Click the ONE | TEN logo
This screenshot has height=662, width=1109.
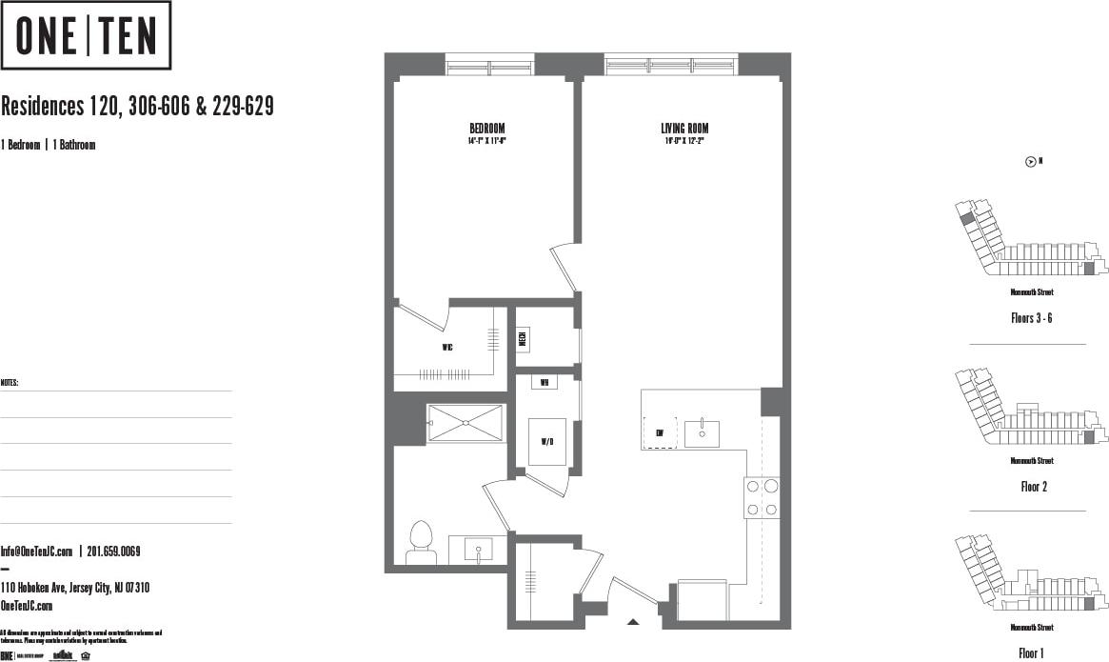tap(86, 35)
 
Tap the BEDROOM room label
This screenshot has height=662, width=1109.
tap(486, 129)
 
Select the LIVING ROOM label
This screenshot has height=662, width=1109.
tap(684, 129)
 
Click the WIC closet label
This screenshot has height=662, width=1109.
tap(447, 348)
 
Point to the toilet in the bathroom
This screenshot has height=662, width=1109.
tap(420, 544)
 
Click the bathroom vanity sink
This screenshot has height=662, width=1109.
tap(478, 550)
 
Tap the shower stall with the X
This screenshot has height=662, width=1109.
tap(465, 423)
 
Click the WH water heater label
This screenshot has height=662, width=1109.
tap(545, 383)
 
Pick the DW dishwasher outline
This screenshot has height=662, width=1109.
tap(660, 433)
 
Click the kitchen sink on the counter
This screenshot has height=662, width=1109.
tap(702, 432)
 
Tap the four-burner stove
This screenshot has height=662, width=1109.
tap(762, 497)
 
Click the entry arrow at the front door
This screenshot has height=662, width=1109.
tap(633, 622)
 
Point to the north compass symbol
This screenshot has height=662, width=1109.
tap(1030, 162)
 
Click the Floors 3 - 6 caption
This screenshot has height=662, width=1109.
tap(1031, 318)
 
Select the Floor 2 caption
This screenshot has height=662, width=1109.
tap(1034, 486)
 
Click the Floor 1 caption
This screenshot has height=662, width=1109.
tap(1031, 653)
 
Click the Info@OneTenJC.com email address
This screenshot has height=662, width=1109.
tap(37, 552)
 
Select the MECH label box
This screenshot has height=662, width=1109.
tap(524, 338)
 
